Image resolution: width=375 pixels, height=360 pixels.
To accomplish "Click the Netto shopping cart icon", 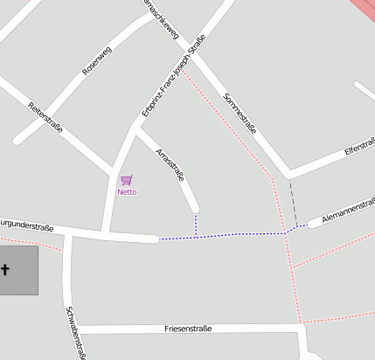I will (x=126, y=180).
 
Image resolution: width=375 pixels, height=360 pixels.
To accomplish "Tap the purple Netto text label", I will (x=127, y=191).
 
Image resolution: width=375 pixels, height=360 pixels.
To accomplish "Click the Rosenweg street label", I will (x=96, y=60).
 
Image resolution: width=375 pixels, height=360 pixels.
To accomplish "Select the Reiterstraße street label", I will (x=46, y=119).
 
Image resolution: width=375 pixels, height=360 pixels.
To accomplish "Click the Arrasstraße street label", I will (x=170, y=166).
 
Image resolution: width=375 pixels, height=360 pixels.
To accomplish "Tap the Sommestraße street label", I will (x=240, y=113).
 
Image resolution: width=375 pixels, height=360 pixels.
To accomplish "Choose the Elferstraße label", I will (x=359, y=145).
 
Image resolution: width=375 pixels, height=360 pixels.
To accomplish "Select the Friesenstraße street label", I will (x=188, y=329).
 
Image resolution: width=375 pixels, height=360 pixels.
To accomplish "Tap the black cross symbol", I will (x=5, y=270).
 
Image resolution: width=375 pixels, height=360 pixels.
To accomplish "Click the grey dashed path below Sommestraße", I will (x=294, y=201).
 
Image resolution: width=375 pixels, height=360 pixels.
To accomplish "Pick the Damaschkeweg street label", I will (x=162, y=19).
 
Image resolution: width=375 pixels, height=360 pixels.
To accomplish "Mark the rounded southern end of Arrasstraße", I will (x=195, y=208).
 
